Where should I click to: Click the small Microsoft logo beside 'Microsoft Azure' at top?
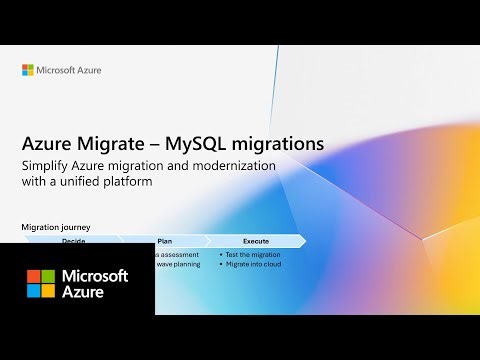(x=28, y=70)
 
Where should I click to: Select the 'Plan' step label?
(x=165, y=241)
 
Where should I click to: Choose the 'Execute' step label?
(x=256, y=241)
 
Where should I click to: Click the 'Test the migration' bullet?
(x=253, y=254)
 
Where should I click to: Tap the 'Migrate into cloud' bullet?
(x=254, y=265)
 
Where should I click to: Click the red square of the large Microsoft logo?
(x=33, y=275)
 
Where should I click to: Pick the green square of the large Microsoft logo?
(x=48, y=275)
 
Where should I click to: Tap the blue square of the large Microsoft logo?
(x=33, y=290)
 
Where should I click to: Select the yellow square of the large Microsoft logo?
(x=48, y=290)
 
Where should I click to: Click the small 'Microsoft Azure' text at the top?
(x=69, y=70)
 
